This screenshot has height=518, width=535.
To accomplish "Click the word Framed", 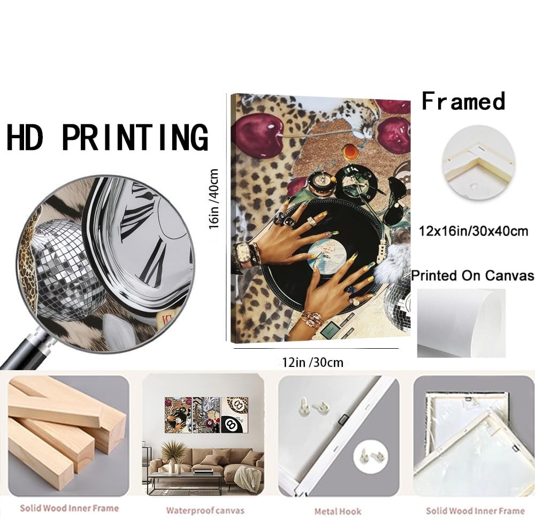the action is pos(463,101).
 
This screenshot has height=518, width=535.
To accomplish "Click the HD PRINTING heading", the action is pos(107,137).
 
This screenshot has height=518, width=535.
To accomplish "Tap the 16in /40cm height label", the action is pos(213,199).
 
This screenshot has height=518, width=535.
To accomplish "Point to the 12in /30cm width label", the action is pos(312,362).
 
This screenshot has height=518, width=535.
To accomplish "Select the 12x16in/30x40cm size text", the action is pos(473,231).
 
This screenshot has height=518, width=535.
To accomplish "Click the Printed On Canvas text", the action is pos(473,275).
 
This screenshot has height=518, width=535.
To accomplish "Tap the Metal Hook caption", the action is pos(338,512).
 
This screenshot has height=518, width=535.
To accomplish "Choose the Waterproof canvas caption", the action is pos(205,511).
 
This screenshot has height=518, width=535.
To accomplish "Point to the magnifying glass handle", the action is pos(26,350).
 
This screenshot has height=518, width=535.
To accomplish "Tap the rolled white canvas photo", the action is pos(461,323).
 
